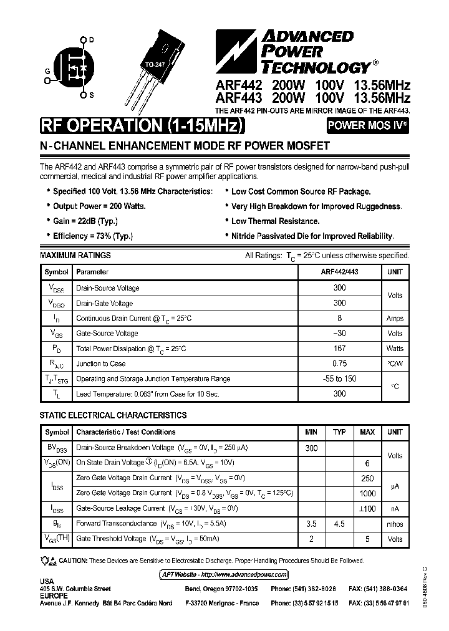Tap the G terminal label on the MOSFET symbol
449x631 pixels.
click(x=47, y=71)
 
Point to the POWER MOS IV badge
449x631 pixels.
click(x=368, y=125)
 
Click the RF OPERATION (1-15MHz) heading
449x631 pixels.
click(x=140, y=126)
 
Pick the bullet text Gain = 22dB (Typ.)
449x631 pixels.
click(x=85, y=221)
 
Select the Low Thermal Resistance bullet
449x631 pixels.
click(x=275, y=221)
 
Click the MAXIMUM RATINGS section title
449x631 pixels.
click(x=75, y=256)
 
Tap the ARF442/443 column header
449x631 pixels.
click(x=339, y=272)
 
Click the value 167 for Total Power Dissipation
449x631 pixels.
click(x=339, y=349)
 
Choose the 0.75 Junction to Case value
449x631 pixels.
click(x=339, y=364)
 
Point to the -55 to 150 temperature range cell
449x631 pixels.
click(x=339, y=379)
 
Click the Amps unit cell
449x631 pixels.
click(x=395, y=319)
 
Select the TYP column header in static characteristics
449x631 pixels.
click(x=339, y=432)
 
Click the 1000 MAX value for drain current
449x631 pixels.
click(x=367, y=493)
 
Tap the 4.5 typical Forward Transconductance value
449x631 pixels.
click(x=339, y=524)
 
